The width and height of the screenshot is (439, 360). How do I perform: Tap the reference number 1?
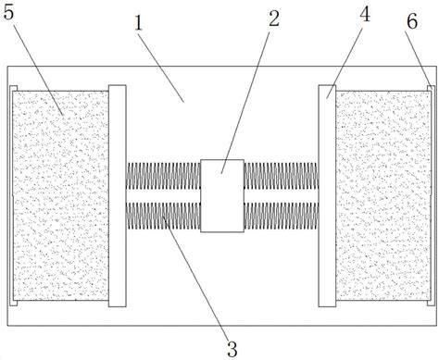coord(139,22)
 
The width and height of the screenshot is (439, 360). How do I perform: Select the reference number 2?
coord(274,19)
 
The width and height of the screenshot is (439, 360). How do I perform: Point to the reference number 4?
coord(365,14)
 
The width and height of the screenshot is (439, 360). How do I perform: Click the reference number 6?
coord(412,21)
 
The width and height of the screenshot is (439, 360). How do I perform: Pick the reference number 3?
coord(232,349)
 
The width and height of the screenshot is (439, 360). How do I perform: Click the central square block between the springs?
coord(222,195)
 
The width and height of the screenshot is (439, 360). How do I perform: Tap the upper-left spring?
coord(163,176)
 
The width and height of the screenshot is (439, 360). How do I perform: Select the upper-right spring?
coord(282,176)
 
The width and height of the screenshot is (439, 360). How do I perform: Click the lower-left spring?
coord(163,216)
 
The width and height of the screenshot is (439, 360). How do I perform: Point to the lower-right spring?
coord(282,216)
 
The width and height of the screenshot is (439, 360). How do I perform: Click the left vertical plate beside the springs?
coord(118,196)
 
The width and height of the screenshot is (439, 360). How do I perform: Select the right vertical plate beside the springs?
coord(327,196)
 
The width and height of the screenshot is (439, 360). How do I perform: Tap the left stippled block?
coord(61,195)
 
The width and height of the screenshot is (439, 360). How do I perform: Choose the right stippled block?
coord(383,195)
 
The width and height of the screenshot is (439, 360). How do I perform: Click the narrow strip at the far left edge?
coord(12,195)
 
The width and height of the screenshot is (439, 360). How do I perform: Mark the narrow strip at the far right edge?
coord(433,195)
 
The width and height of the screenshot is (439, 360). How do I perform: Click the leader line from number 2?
coord(245,102)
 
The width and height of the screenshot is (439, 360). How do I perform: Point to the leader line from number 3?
coord(195,278)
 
